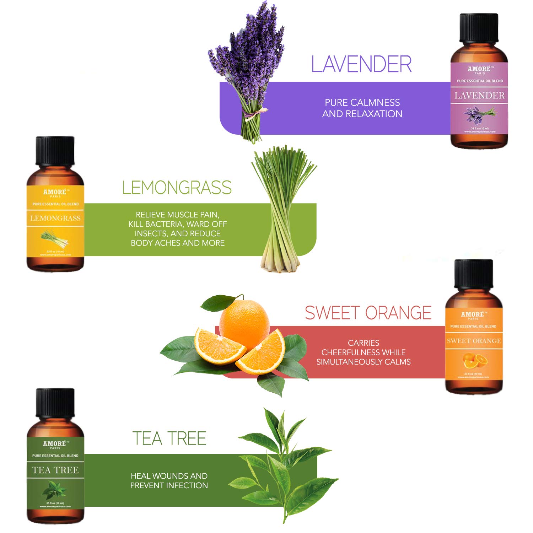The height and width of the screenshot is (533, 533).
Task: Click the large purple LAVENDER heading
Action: point(361,64)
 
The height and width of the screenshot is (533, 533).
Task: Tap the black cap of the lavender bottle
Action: point(479,28)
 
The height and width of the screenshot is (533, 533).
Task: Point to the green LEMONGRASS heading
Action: point(177,188)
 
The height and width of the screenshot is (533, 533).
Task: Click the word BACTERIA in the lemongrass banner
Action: point(165,224)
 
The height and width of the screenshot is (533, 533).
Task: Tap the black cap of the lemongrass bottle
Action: point(55,151)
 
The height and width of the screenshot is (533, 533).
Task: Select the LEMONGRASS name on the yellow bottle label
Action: point(55,218)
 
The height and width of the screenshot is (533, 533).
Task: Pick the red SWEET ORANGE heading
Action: point(368,313)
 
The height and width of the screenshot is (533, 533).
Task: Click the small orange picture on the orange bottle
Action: point(475,361)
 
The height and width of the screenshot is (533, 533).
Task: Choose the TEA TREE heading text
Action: point(169,438)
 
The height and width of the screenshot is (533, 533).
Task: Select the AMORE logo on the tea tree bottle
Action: point(55,444)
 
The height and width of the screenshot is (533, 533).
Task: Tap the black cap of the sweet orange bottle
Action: point(474,274)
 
